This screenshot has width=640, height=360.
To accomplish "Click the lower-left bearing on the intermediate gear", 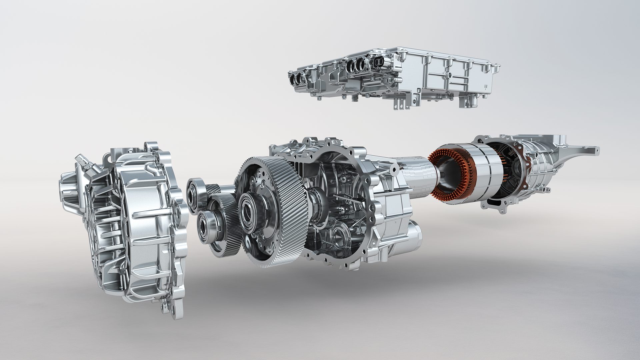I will coord(205,227).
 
